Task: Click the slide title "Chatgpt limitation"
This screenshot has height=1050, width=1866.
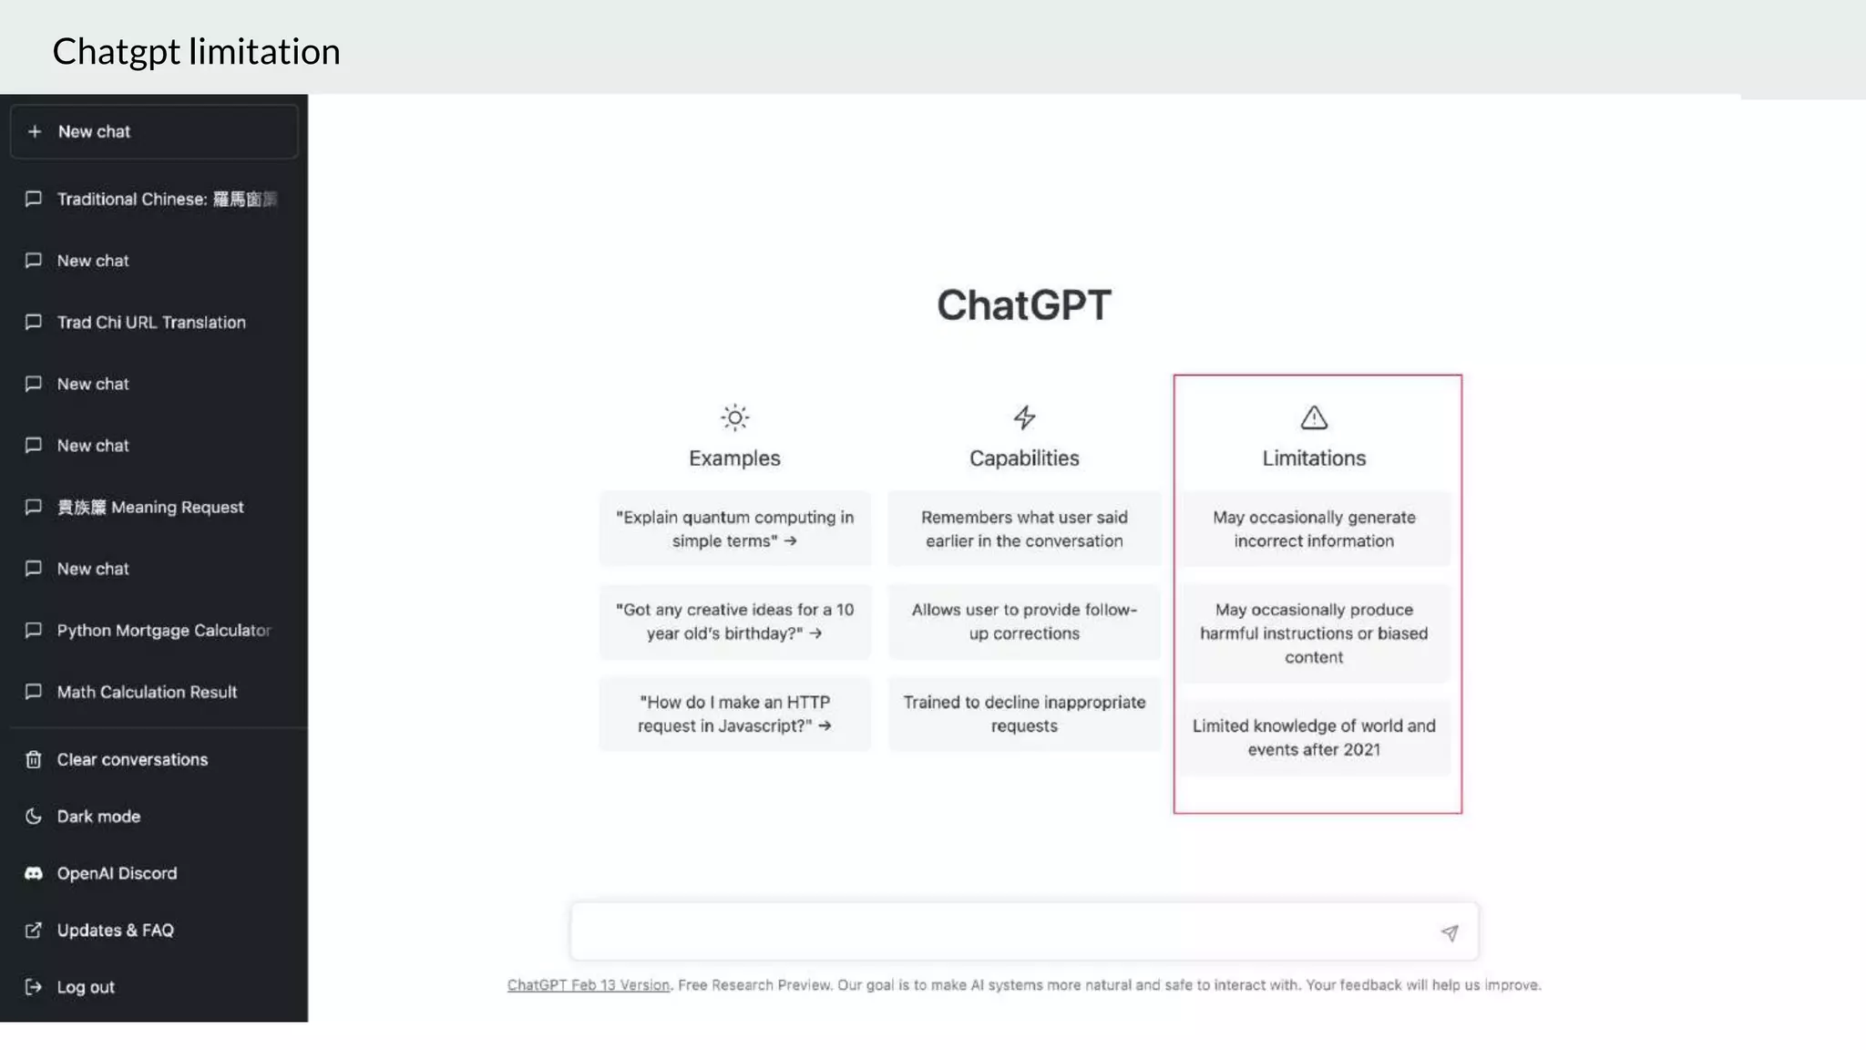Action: click(196, 52)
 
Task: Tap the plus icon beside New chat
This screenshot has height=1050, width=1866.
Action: click(35, 131)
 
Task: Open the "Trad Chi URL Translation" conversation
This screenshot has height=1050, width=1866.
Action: click(150, 323)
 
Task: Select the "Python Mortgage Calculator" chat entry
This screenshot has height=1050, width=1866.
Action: click(163, 631)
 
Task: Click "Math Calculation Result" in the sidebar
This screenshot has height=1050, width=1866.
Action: click(147, 692)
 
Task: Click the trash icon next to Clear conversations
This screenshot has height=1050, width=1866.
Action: click(34, 759)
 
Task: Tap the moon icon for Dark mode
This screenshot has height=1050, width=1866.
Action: click(34, 816)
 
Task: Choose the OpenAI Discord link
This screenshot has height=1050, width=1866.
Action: click(117, 873)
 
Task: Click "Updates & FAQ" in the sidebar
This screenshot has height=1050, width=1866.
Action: click(115, 930)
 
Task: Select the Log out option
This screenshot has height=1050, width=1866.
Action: click(86, 987)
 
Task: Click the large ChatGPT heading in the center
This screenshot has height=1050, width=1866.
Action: click(1023, 305)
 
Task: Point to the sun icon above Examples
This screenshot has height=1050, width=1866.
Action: click(734, 417)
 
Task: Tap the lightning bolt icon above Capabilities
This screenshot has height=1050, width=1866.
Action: click(1024, 417)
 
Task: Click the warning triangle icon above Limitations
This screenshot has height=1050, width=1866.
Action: click(1313, 417)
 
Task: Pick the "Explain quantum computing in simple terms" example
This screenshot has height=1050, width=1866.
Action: click(734, 529)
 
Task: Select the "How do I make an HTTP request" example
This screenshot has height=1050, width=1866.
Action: click(734, 714)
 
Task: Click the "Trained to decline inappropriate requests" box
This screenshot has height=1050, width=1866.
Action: click(1024, 714)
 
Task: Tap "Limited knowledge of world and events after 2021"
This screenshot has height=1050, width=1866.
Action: click(1313, 737)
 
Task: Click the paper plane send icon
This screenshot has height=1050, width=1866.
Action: click(1449, 932)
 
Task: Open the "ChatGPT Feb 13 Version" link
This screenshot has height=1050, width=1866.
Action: click(588, 985)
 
